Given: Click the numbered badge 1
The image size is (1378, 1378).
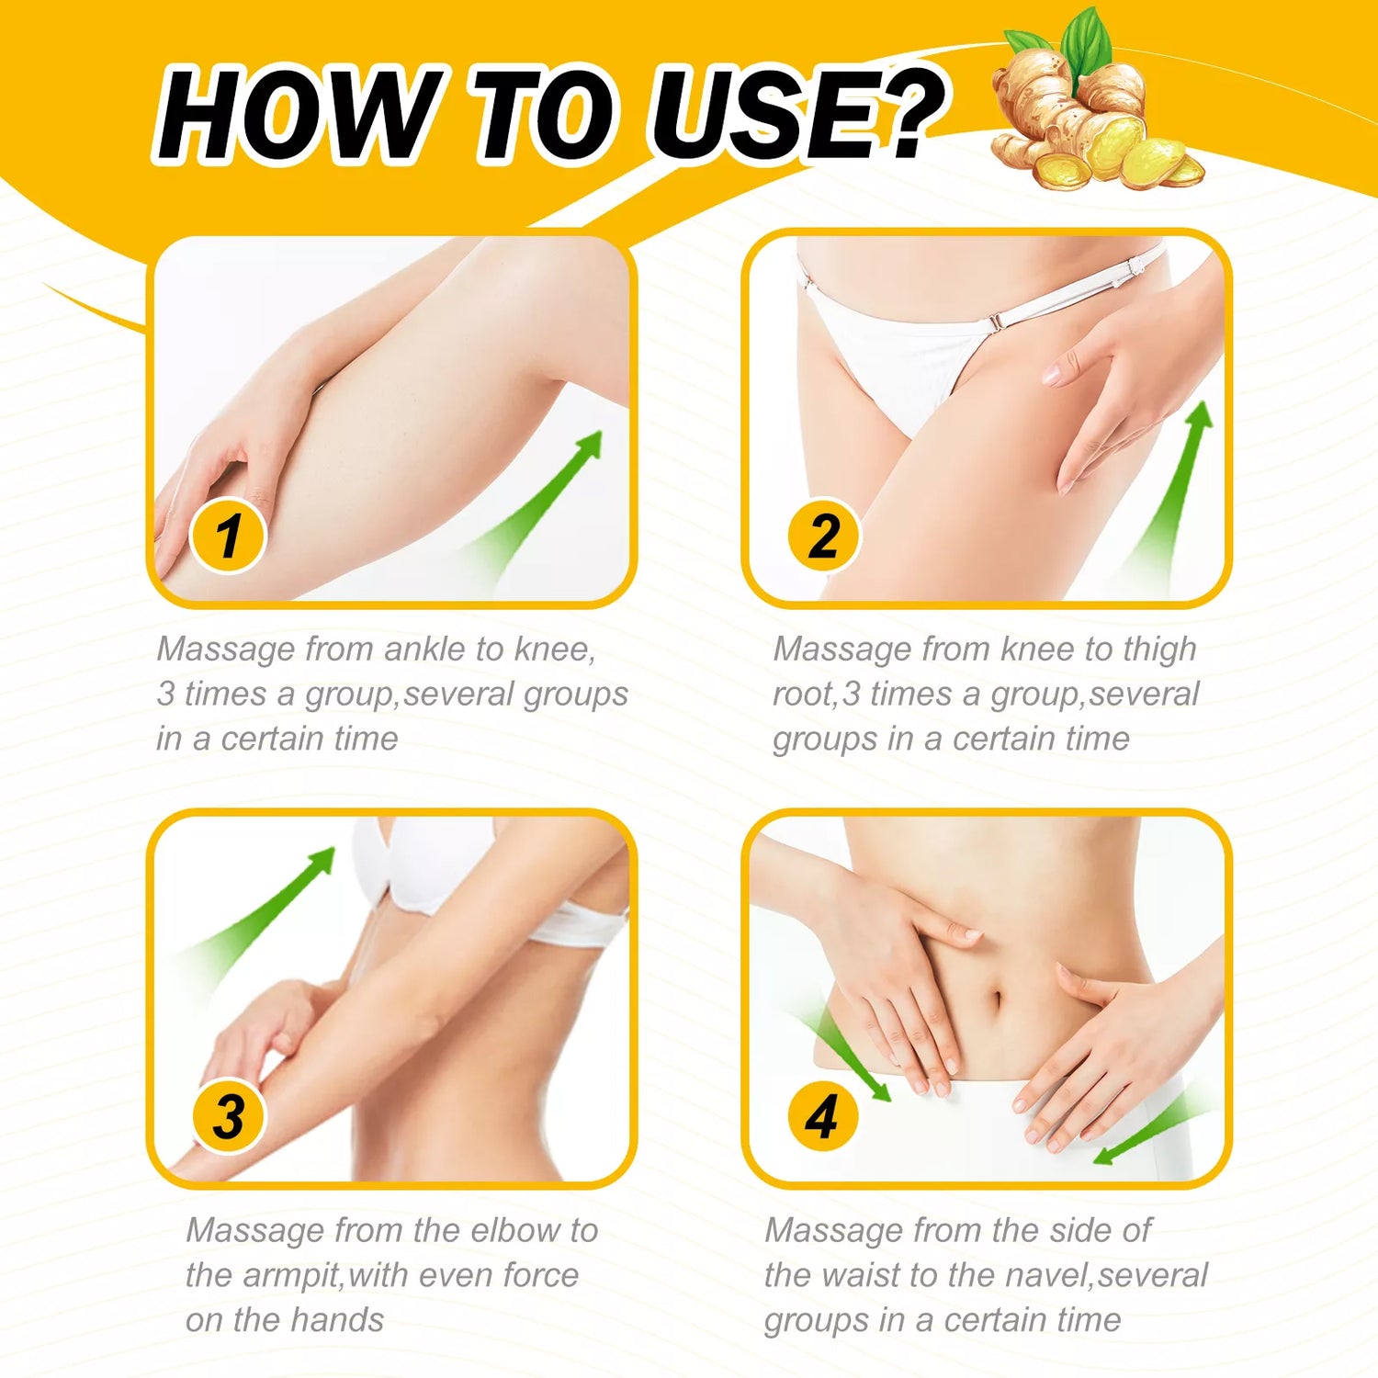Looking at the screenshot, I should [228, 535].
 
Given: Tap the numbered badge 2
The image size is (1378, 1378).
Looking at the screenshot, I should [824, 535].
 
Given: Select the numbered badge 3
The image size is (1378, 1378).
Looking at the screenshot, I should [228, 1117].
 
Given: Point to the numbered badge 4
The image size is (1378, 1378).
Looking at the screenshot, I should [822, 1117].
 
